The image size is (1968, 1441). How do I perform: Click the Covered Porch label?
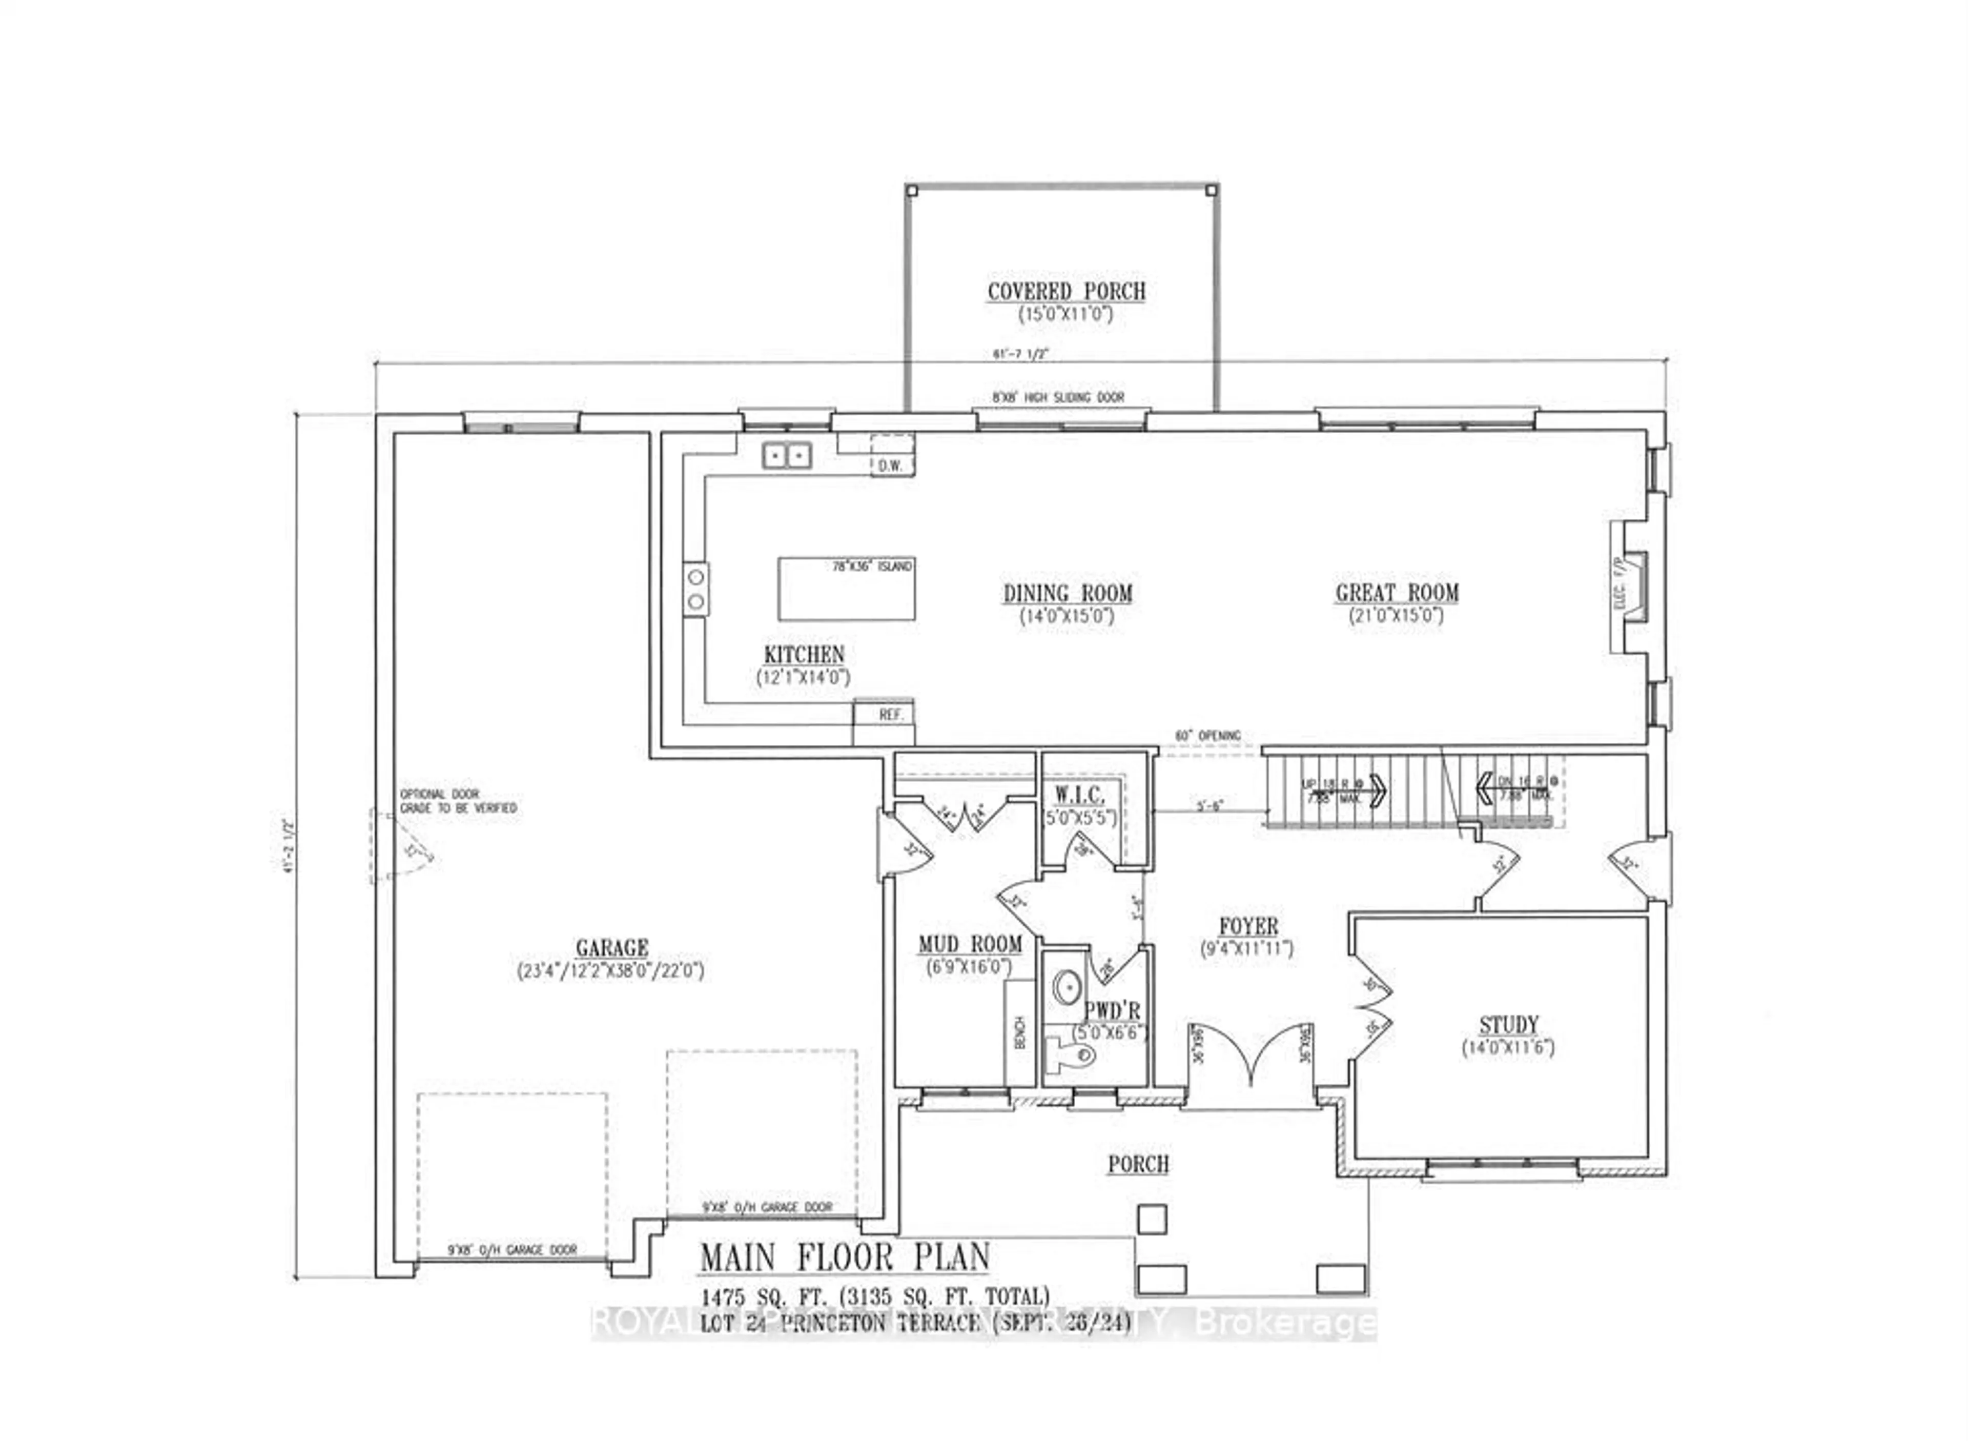pos(1065,291)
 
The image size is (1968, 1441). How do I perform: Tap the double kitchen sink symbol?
pos(787,455)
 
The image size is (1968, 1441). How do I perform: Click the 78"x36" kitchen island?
pos(846,589)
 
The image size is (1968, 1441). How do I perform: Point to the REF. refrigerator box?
pos(890,714)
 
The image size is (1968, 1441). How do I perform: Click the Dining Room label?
pos(1067,593)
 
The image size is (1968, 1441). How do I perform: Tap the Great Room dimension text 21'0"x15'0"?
pos(1396,616)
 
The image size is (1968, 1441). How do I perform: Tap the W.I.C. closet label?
pos(1079,795)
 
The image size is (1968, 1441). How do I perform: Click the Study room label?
pos(1508,1024)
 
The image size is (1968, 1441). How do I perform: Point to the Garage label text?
pos(611,947)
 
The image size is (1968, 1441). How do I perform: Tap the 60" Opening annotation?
pos(1207,735)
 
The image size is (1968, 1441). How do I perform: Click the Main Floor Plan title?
pos(844,1257)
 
